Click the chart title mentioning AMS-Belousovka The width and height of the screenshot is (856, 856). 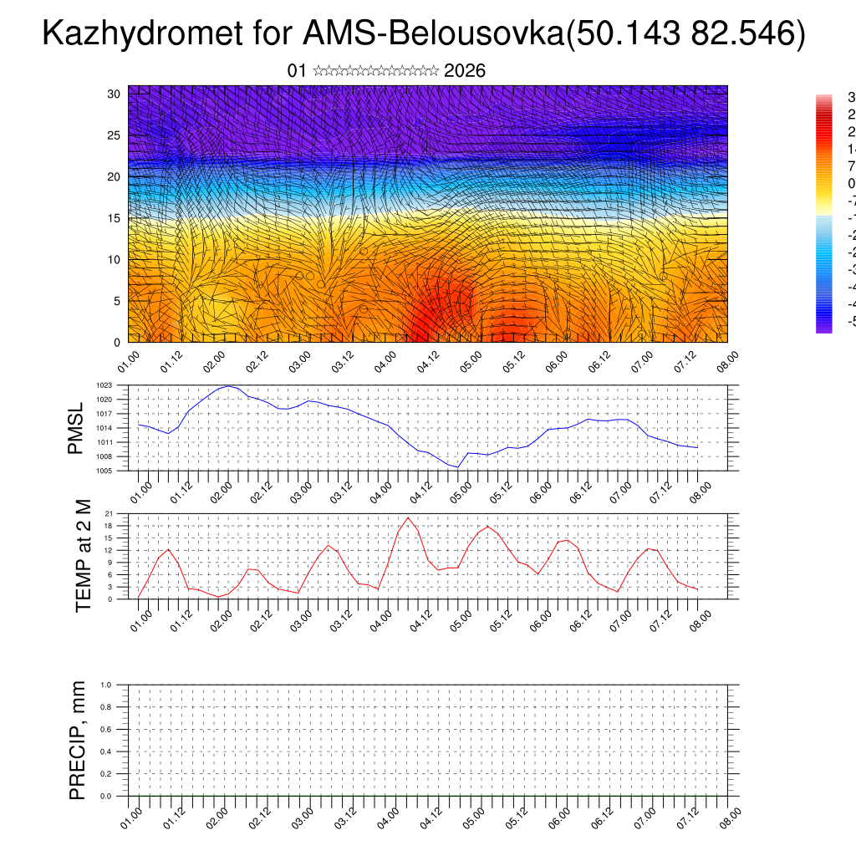(x=424, y=34)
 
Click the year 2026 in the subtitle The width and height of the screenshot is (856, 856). (x=465, y=71)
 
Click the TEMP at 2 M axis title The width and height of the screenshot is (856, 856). (x=83, y=555)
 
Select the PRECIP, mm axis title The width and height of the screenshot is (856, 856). (x=78, y=741)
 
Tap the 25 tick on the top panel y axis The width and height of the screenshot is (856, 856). (x=115, y=135)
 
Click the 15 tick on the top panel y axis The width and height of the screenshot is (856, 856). (x=115, y=218)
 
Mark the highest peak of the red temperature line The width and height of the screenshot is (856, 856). (x=408, y=517)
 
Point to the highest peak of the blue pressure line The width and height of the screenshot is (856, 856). (x=228, y=386)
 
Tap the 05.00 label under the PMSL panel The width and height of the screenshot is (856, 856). (x=461, y=489)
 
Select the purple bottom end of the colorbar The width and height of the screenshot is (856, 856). (x=823, y=329)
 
